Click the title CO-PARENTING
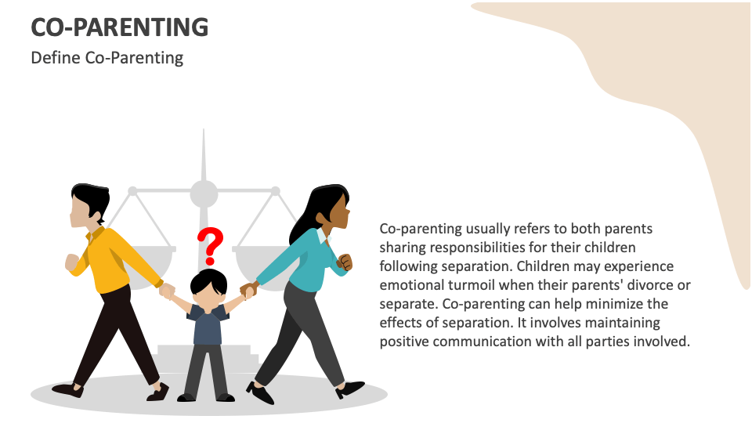tap(119, 27)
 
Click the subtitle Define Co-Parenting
tap(107, 58)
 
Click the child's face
tap(208, 291)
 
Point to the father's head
tap(89, 206)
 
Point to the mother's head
tap(330, 207)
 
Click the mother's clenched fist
tap(345, 262)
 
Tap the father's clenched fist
tap(72, 262)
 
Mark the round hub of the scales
tap(204, 193)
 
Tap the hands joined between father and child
tap(166, 291)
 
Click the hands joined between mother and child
tap(249, 290)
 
